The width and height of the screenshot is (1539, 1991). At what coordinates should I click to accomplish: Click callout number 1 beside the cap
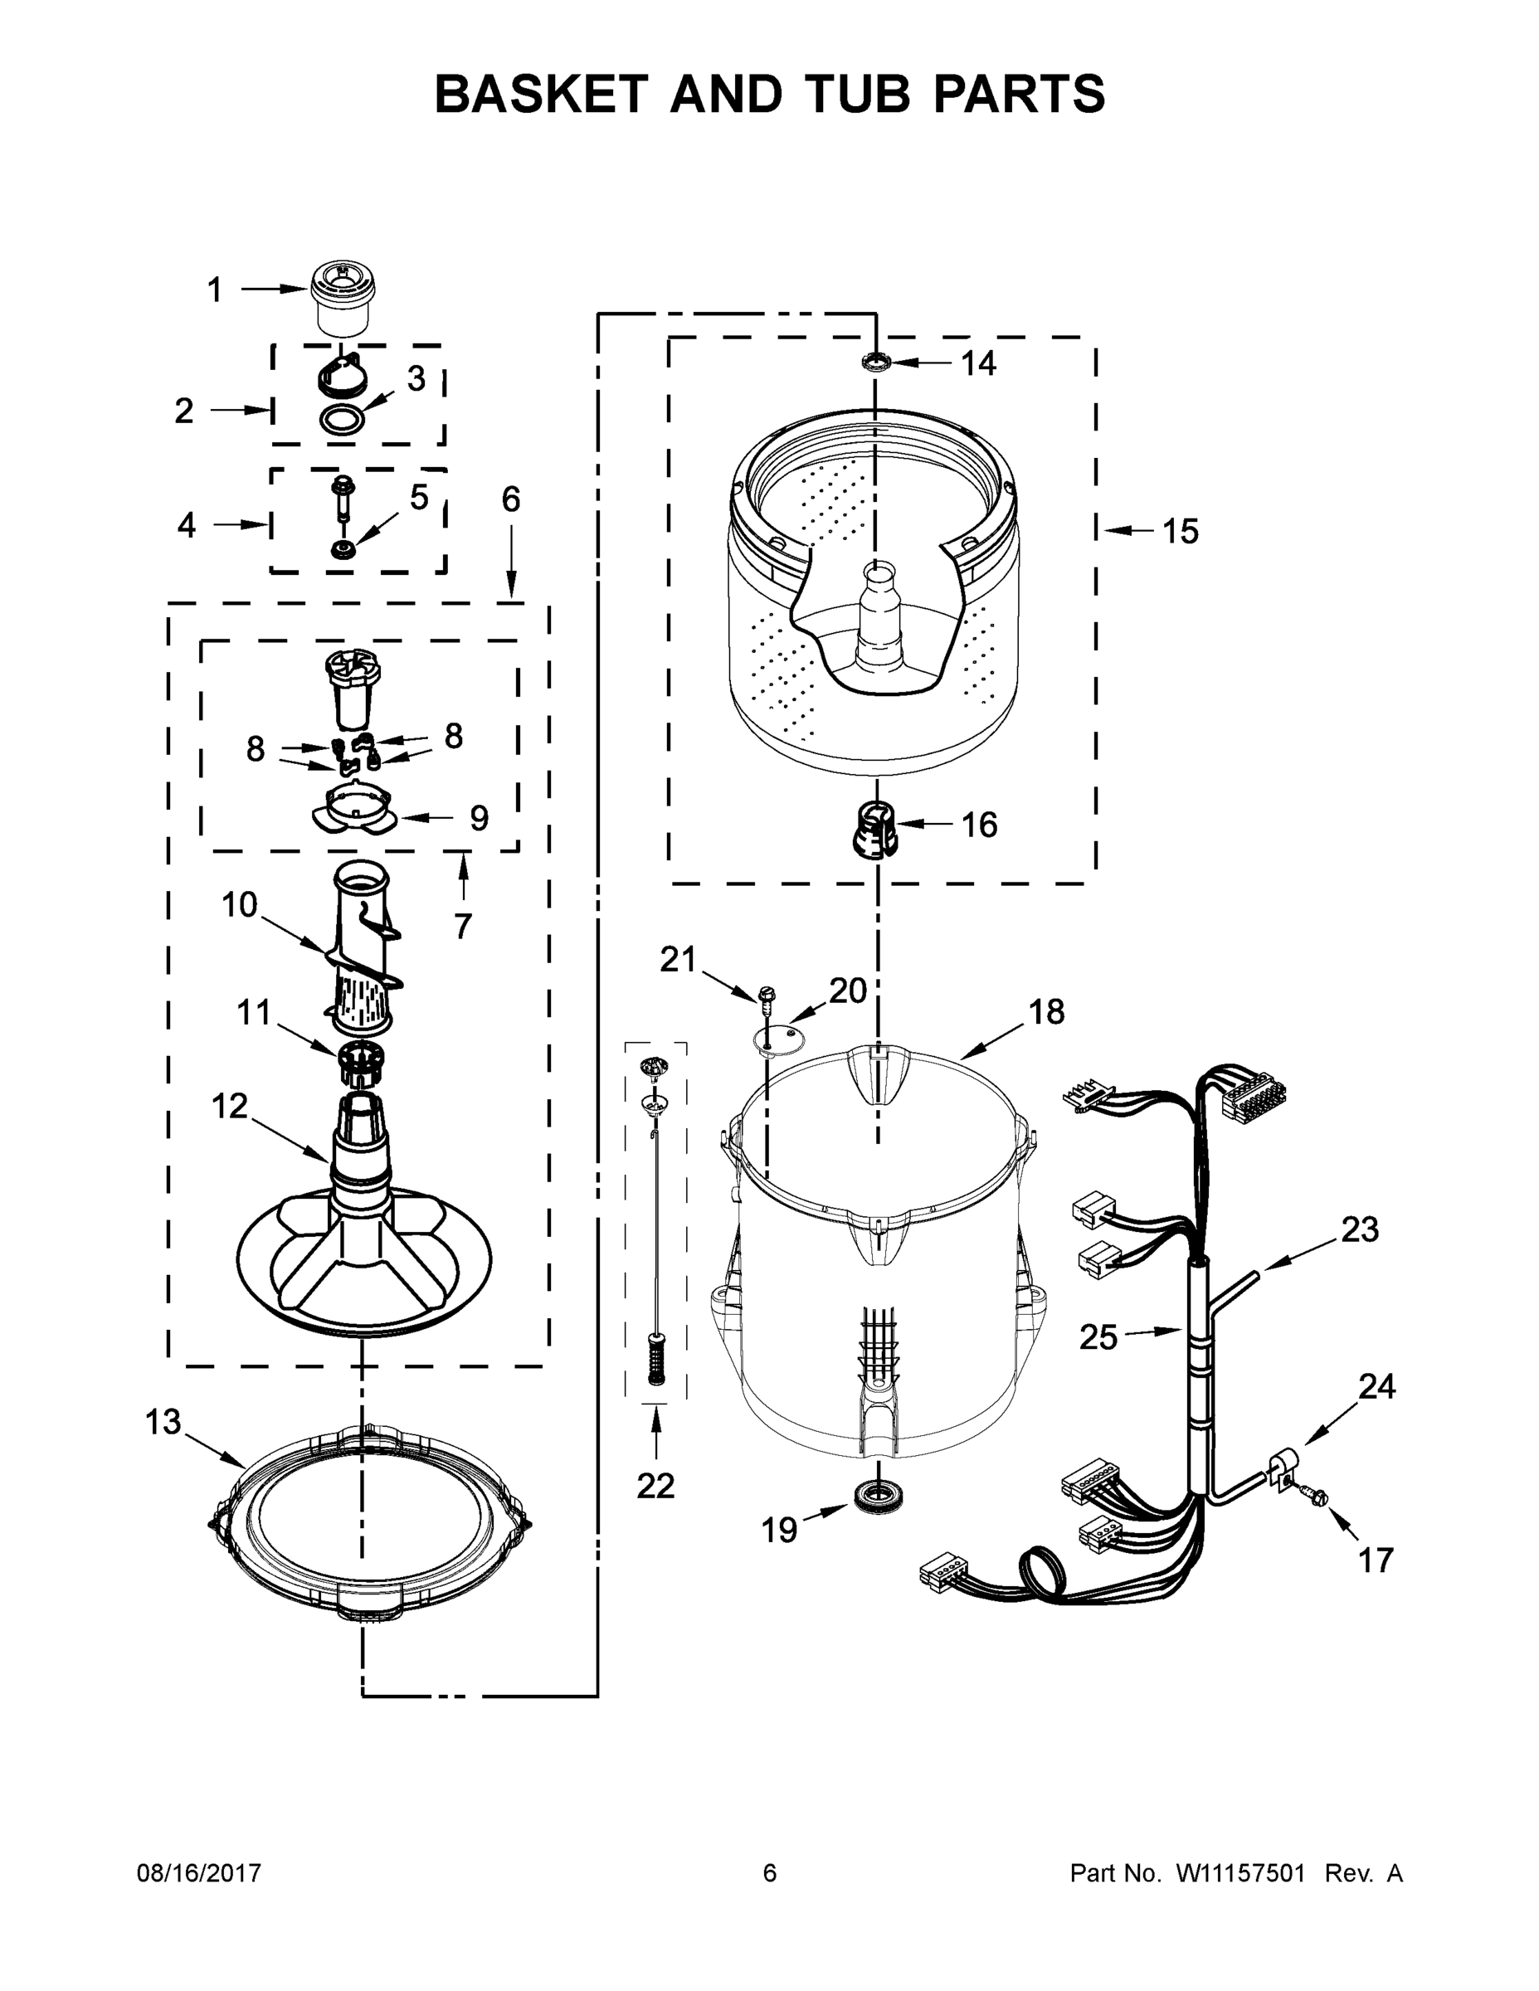215,291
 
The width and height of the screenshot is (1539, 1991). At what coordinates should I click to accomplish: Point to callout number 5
418,498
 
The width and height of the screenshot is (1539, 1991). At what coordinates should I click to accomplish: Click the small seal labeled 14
876,363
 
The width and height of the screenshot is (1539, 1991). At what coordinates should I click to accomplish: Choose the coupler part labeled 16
874,829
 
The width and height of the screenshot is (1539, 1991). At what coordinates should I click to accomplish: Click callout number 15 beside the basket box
1180,532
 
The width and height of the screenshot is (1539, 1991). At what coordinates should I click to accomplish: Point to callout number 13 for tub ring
164,1422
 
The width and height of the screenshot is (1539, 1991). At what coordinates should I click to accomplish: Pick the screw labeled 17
1317,1496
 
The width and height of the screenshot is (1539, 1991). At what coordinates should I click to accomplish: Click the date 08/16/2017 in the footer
199,1873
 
